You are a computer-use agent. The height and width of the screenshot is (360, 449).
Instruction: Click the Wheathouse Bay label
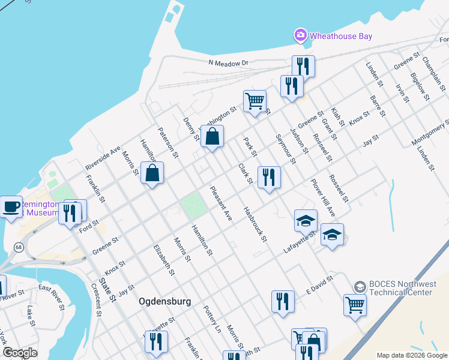pyautogui.click(x=340, y=36)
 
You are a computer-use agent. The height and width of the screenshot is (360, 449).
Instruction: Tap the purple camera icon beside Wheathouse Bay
pyautogui.click(x=300, y=35)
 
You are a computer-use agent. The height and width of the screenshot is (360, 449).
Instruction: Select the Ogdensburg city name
pyautogui.click(x=165, y=301)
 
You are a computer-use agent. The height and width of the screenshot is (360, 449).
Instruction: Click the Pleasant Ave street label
pyautogui.click(x=220, y=203)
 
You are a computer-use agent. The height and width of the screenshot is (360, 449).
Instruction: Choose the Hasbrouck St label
pyautogui.click(x=255, y=225)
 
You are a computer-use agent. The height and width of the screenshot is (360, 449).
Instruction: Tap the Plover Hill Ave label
pyautogui.click(x=322, y=197)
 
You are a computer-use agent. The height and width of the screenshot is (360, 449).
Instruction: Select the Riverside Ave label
pyautogui.click(x=103, y=157)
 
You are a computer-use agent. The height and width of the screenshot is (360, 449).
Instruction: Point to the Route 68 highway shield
pyautogui.click(x=19, y=247)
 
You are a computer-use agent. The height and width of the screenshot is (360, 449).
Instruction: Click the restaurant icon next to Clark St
pyautogui.click(x=269, y=178)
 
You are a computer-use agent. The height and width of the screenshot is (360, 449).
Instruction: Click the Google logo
pyautogui.click(x=20, y=353)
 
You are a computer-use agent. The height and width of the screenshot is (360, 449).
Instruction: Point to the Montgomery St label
pyautogui.click(x=430, y=133)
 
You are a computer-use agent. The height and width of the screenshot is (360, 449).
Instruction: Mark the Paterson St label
pyautogui.click(x=168, y=142)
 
